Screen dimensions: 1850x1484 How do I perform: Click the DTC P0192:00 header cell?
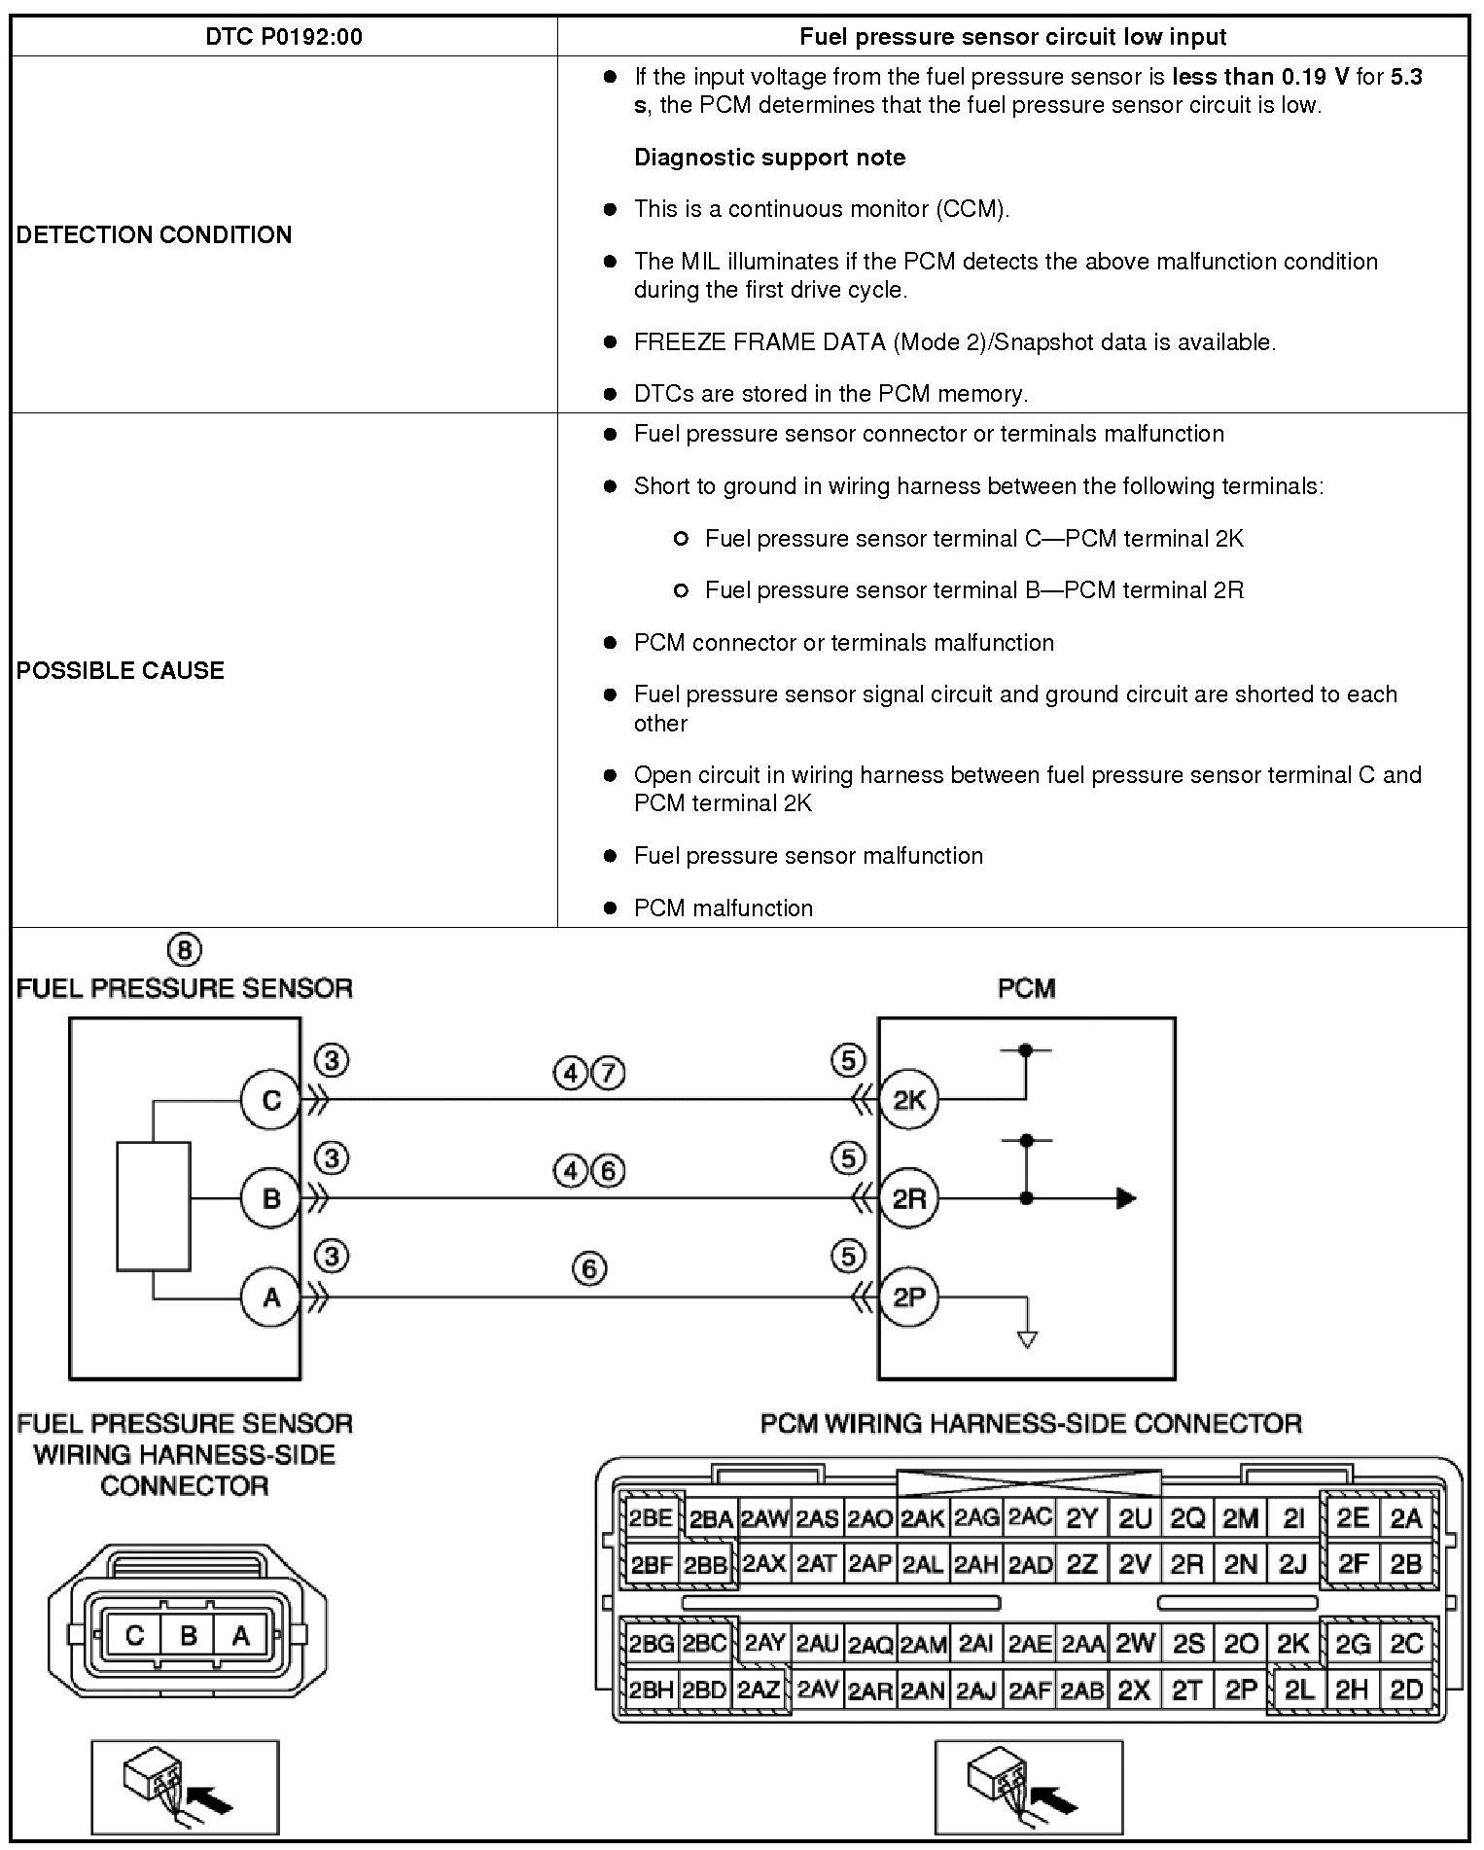coord(284,37)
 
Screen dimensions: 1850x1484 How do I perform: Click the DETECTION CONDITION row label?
coord(154,234)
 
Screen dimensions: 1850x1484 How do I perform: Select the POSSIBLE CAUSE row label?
coord(121,670)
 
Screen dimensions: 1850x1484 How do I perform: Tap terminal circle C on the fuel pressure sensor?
coord(270,1100)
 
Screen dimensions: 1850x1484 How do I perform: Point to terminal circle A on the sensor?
coord(270,1297)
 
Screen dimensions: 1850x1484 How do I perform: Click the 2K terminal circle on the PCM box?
coord(908,1100)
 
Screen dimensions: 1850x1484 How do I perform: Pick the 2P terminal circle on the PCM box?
coord(908,1297)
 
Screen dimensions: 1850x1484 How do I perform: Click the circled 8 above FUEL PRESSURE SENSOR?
coord(184,949)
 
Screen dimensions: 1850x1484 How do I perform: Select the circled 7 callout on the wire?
coord(608,1074)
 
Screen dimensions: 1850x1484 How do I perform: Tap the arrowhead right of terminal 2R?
coord(1125,1198)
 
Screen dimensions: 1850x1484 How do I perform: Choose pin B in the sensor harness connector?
coord(188,1635)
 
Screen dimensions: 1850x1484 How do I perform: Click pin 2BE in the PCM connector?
coord(651,1518)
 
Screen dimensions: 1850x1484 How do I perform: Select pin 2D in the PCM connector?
coord(1405,1690)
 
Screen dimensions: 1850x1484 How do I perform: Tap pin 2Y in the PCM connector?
coord(1081,1518)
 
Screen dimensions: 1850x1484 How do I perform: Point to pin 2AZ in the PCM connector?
coord(759,1690)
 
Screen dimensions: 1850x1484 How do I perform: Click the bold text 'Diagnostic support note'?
coord(769,158)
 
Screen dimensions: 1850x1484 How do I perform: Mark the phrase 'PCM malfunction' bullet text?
coord(723,908)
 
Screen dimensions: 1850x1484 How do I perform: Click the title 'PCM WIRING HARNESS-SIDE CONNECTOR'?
coord(1030,1424)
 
